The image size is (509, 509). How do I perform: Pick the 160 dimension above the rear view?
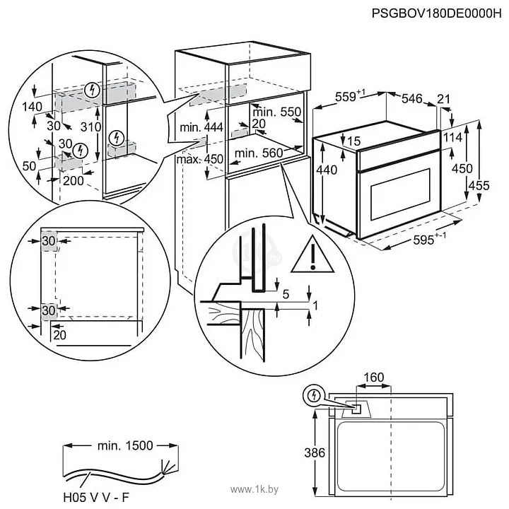[374, 378]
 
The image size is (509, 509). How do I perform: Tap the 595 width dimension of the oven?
[429, 240]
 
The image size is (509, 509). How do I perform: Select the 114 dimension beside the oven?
[452, 136]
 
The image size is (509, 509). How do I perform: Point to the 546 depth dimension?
[415, 98]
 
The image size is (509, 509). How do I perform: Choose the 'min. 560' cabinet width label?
[258, 153]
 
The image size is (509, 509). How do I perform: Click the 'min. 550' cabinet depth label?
[277, 112]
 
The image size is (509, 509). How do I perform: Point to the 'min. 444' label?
[201, 128]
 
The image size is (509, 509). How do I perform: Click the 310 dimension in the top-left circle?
[88, 128]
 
